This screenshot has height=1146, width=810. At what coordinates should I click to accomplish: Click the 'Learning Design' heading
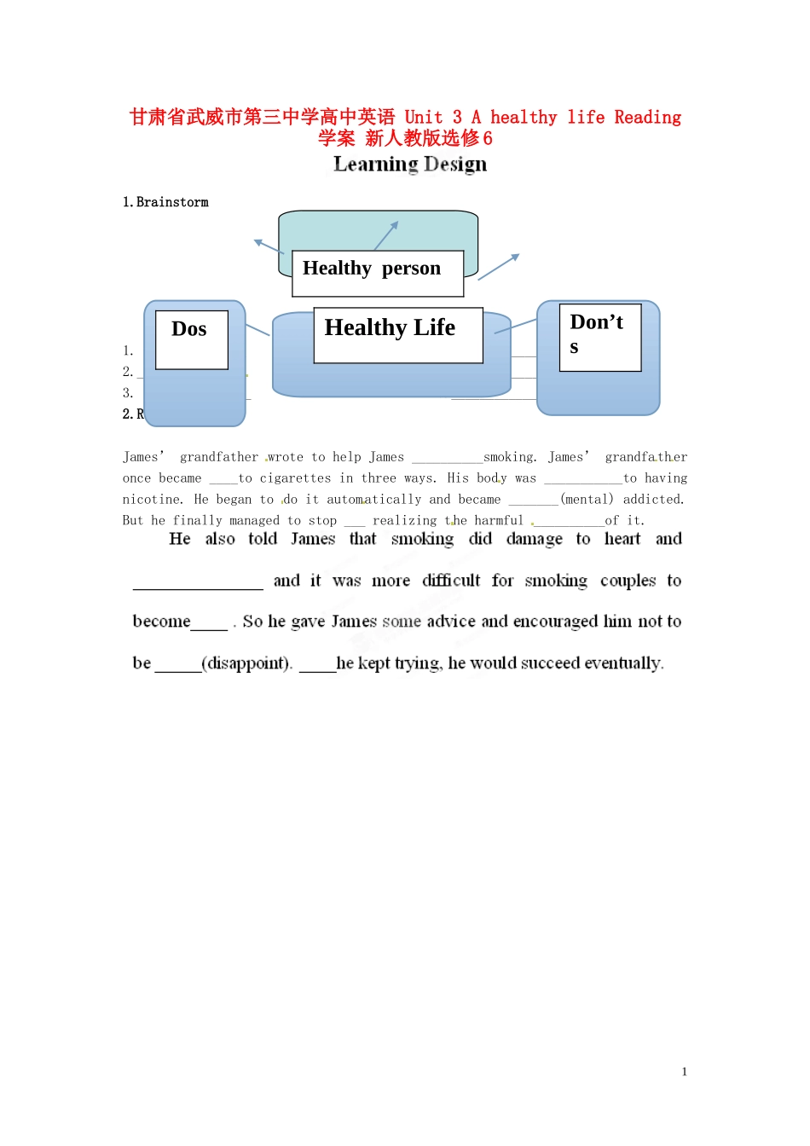(410, 164)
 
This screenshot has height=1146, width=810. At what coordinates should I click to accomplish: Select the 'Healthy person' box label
(372, 269)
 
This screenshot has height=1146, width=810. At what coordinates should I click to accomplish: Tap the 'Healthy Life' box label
(390, 328)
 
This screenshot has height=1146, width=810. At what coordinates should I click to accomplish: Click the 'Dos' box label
(189, 330)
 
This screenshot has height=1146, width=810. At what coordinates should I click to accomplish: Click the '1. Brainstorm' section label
(165, 202)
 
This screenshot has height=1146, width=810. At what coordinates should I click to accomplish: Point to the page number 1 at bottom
(684, 1072)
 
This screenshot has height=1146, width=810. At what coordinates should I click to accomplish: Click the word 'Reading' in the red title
(647, 118)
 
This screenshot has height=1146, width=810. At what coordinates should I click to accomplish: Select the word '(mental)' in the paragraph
(587, 500)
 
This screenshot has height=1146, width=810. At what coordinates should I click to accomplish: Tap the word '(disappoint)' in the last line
(247, 663)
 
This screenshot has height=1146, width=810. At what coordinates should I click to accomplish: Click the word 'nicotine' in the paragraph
(152, 500)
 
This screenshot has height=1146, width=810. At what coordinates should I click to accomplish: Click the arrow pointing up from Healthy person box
(386, 234)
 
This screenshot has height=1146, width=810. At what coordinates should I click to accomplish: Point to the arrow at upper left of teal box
(268, 246)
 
